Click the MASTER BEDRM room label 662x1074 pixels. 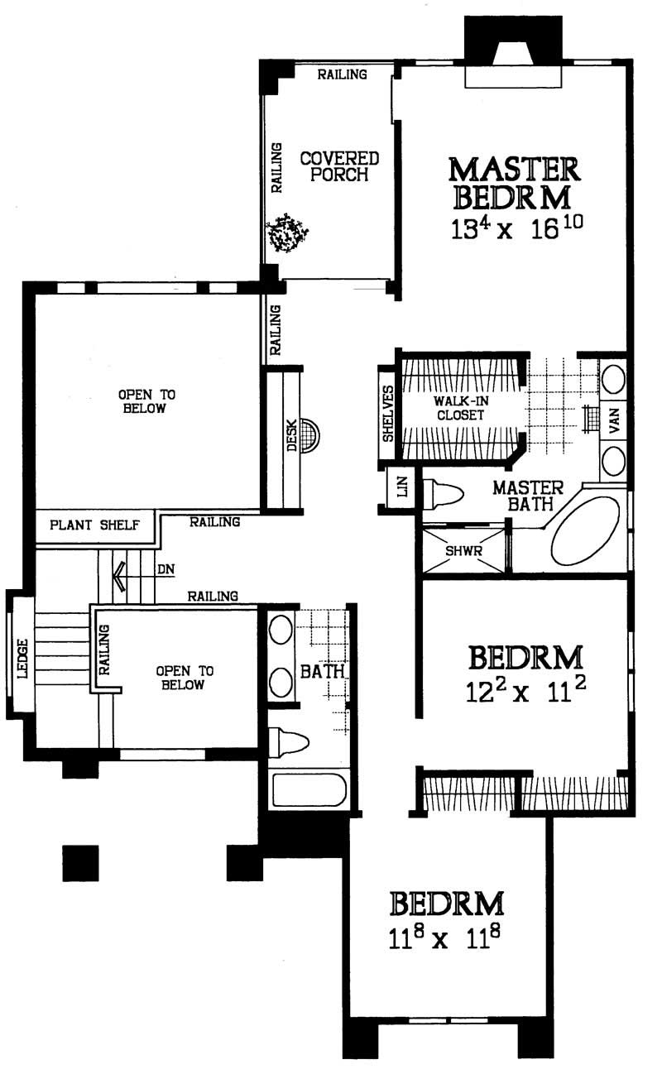point(513,183)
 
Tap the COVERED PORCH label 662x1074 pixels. point(339,165)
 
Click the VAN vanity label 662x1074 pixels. point(613,424)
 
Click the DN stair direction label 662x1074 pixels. point(165,569)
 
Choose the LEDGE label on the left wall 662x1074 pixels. point(22,659)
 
